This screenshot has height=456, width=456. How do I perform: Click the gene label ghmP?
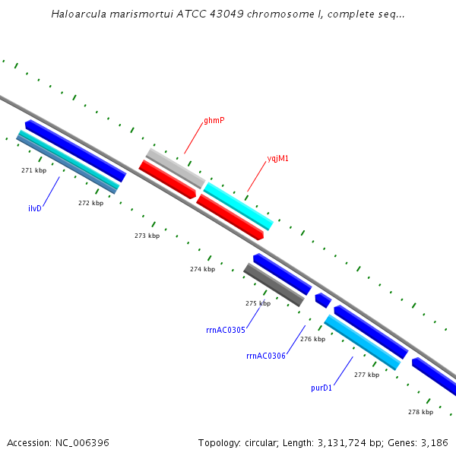coord(214,121)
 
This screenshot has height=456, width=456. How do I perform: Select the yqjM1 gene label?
coord(277,159)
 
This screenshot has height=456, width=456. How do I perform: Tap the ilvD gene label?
coord(35,208)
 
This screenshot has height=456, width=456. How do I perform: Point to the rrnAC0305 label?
coord(226,330)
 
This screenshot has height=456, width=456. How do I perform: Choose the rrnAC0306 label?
coord(266,356)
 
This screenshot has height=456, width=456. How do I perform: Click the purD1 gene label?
coord(321,388)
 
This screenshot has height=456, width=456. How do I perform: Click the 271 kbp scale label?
coord(33,170)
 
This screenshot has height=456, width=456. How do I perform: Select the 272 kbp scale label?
coord(90,203)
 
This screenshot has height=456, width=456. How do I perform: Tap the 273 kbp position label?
coord(147,236)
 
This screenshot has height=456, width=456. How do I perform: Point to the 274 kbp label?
coord(202,269)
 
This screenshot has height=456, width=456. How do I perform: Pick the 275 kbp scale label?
coord(258,303)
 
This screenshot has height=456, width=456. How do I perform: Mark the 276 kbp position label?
coord(312,339)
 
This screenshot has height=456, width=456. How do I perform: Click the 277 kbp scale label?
coord(366,375)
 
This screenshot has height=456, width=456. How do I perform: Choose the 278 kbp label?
coord(420,412)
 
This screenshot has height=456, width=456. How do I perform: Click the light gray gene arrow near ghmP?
coord(175,169)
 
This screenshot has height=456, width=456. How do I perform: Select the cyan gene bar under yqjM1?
coord(238,205)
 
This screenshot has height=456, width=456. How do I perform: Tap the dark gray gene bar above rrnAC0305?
coord(274,285)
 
